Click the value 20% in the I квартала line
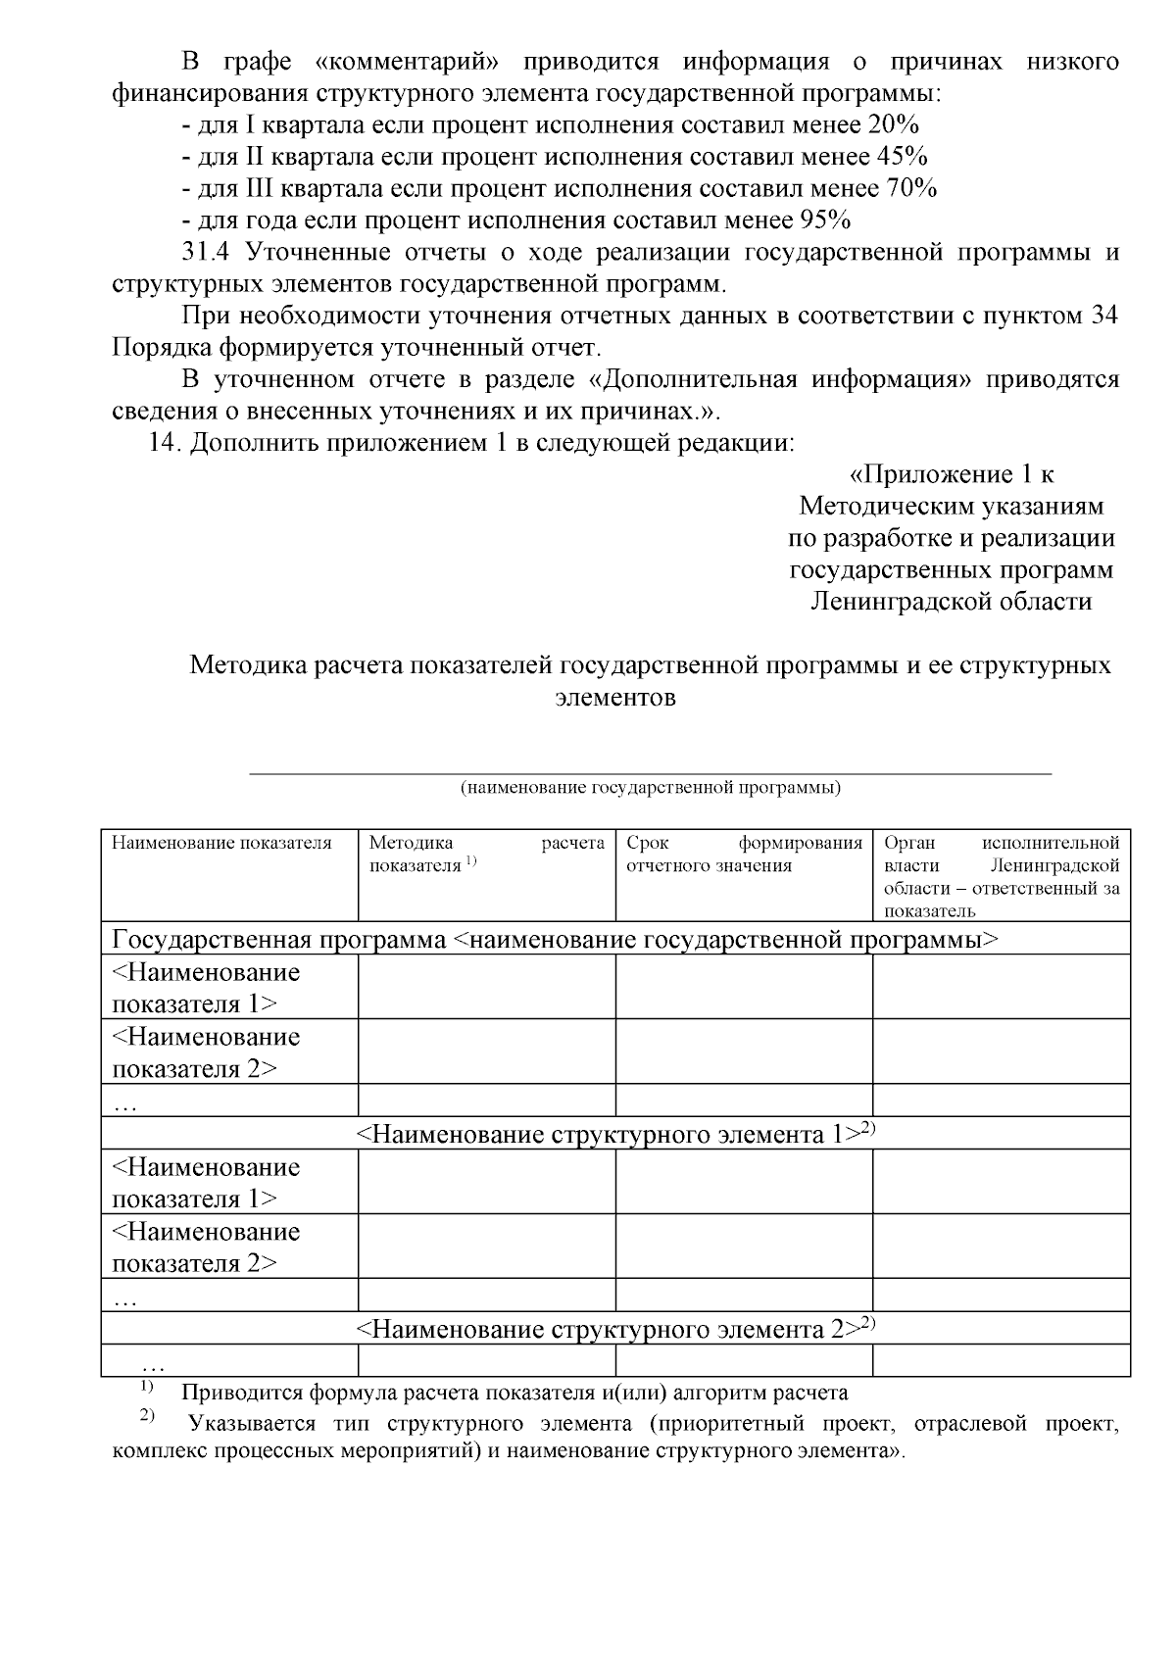pos(892,124)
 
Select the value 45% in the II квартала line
pos(902,156)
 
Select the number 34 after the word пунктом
pos(1104,316)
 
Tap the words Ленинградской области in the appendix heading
pos(951,601)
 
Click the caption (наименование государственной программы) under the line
pos(650,787)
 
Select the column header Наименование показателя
pos(221,843)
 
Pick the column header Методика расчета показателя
pos(486,854)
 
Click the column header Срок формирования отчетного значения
pos(744,854)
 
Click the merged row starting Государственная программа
pos(555,940)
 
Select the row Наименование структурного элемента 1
pos(614,1134)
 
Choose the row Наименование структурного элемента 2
pos(614,1329)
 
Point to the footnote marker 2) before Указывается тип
pos(148,1417)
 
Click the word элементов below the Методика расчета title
pos(614,699)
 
